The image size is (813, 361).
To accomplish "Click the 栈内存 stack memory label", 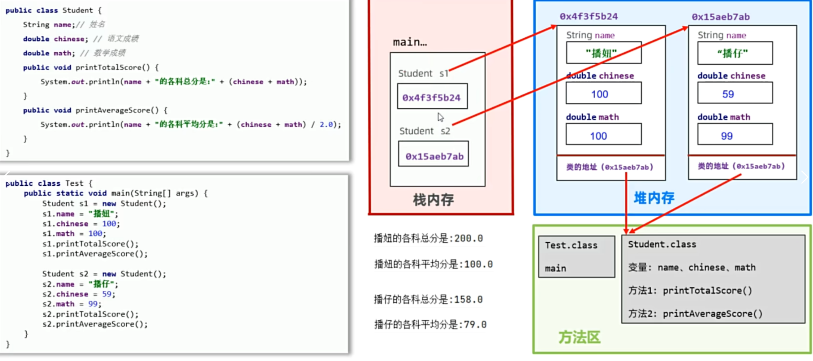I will click(433, 200).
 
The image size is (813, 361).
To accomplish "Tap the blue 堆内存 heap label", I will click(654, 198).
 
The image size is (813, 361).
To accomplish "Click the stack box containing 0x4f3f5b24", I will click(432, 97).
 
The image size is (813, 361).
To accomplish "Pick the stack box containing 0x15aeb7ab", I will click(434, 156).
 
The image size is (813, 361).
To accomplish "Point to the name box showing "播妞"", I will click(603, 53).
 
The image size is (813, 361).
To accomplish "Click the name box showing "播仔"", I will click(735, 53).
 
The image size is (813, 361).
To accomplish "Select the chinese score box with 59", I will click(735, 94).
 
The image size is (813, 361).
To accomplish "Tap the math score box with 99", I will click(735, 136).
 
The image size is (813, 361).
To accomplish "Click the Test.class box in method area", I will click(576, 256).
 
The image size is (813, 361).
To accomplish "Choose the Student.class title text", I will click(662, 244).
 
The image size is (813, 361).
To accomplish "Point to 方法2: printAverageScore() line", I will click(695, 314).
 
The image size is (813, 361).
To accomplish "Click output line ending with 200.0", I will click(428, 238).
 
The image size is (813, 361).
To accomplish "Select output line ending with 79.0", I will click(430, 324).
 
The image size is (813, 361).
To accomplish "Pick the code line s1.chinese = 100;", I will click(81, 224).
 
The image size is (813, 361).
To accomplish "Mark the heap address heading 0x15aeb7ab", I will click(721, 17).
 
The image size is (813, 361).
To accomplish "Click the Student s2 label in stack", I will click(424, 131).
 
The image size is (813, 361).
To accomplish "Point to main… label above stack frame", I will click(410, 42).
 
